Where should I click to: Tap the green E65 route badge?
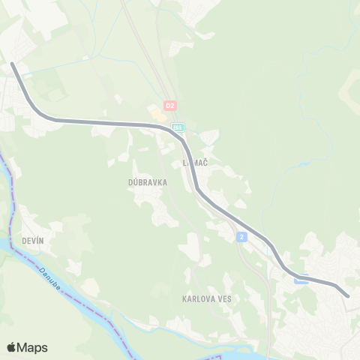click(x=178, y=128)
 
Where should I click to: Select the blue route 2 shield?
click(x=241, y=237)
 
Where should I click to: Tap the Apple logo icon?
click(x=12, y=347)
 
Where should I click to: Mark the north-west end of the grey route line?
click(x=12, y=64)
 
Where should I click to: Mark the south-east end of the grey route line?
click(x=347, y=295)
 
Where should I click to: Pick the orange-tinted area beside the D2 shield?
click(x=157, y=115)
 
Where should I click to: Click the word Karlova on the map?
click(x=196, y=298)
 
